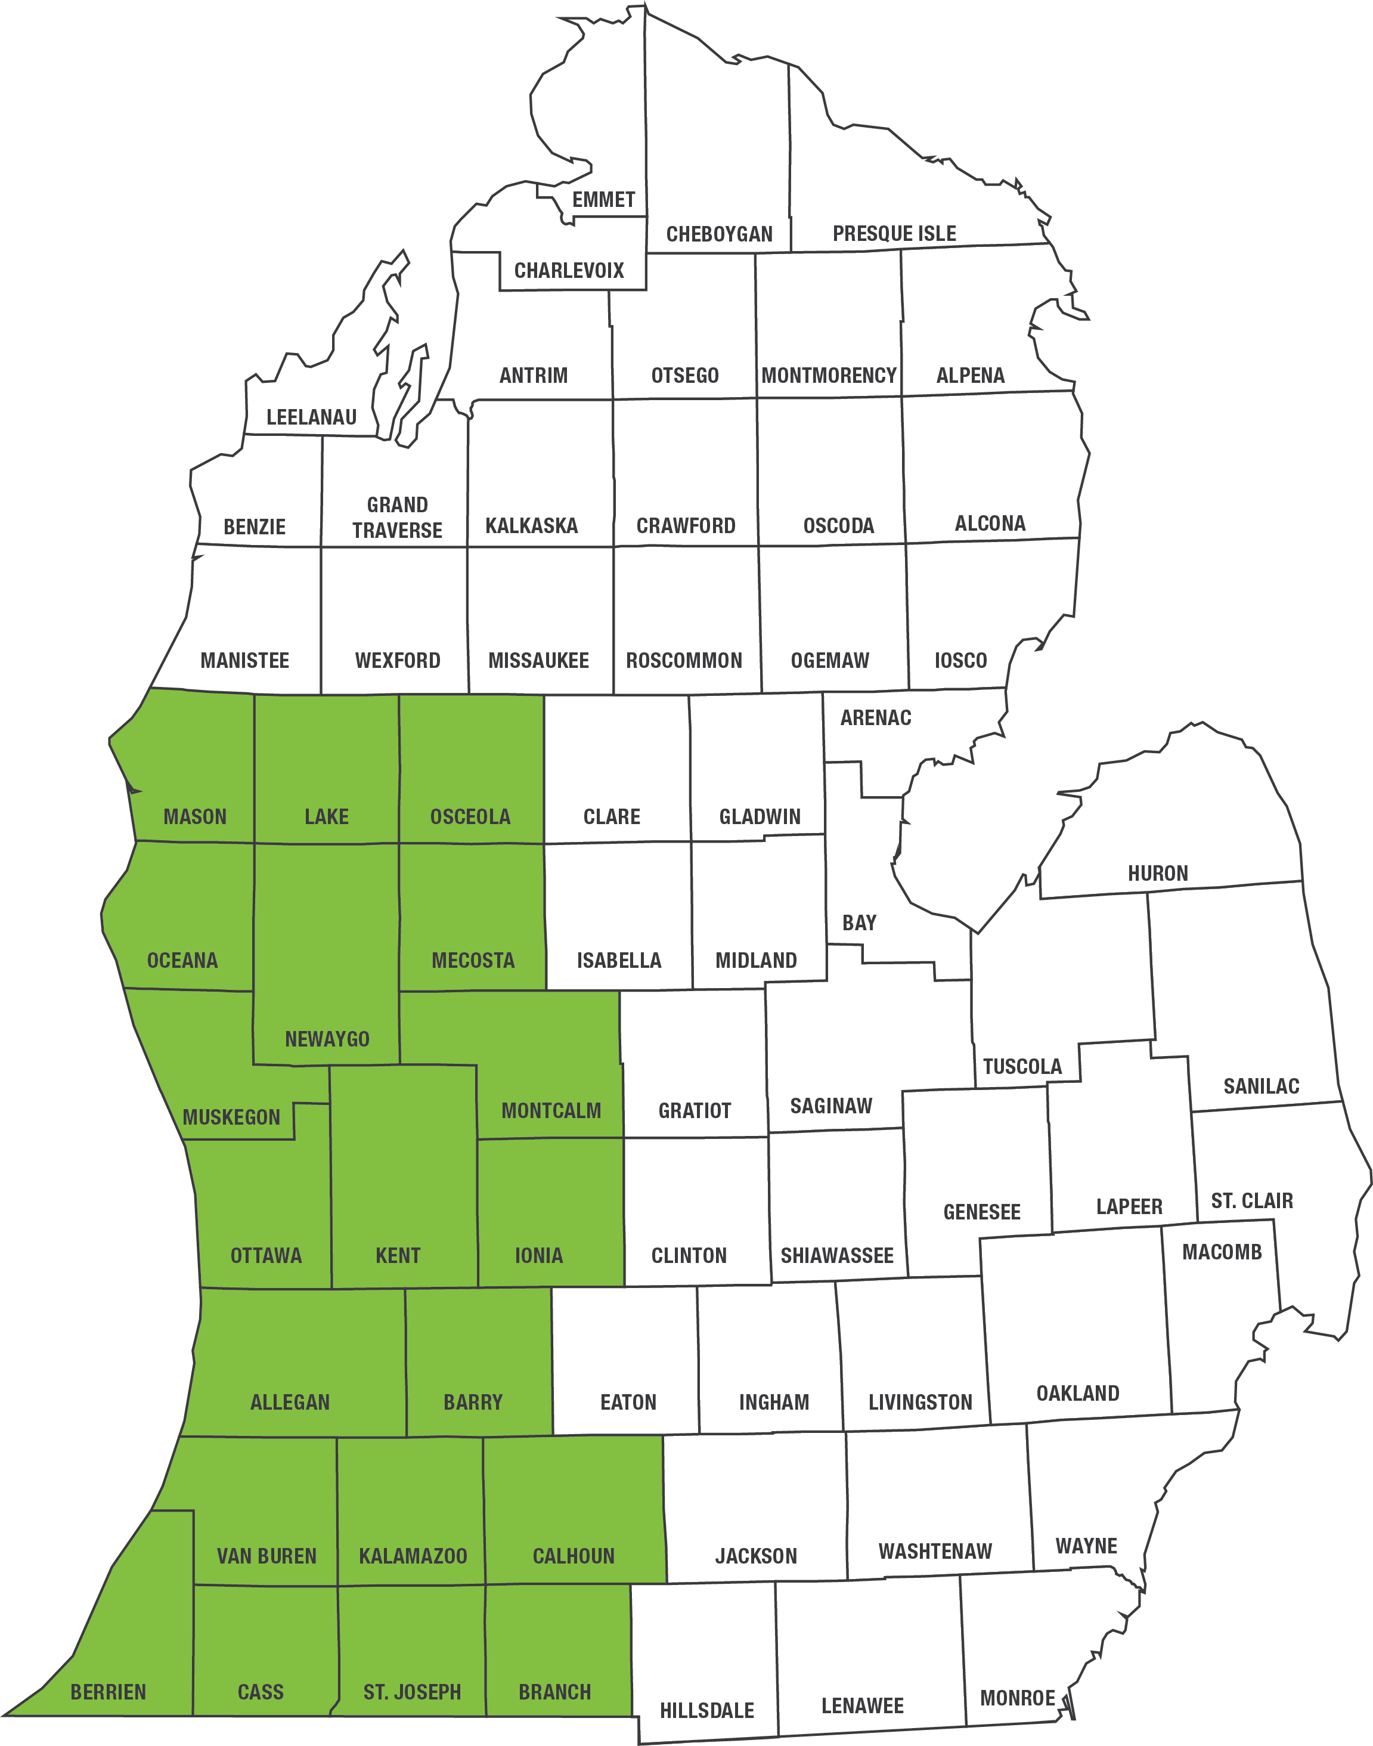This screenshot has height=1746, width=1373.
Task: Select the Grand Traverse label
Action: coord(397,518)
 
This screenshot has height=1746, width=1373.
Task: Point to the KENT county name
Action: coord(398,1256)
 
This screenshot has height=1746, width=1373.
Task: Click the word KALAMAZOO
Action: coord(413,1556)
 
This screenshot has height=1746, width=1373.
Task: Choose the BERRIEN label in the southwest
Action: coord(109,1692)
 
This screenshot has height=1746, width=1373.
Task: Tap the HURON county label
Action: coord(1158,874)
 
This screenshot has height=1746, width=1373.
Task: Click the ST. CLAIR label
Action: coord(1251,1201)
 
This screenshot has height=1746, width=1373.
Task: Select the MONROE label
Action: coord(1017,1698)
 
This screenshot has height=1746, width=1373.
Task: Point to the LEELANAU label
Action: coord(312,417)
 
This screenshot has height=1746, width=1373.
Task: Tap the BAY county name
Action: coord(859,923)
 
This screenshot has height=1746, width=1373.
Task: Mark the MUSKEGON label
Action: coord(231,1117)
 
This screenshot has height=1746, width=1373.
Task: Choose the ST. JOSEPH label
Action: coord(413,1692)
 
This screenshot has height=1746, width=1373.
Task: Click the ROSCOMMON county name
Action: coord(684,661)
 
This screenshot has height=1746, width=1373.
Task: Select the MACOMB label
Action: coord(1222,1252)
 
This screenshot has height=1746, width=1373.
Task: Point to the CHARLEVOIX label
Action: coord(569,270)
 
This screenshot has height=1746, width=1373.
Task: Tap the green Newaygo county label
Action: coord(327,1039)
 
